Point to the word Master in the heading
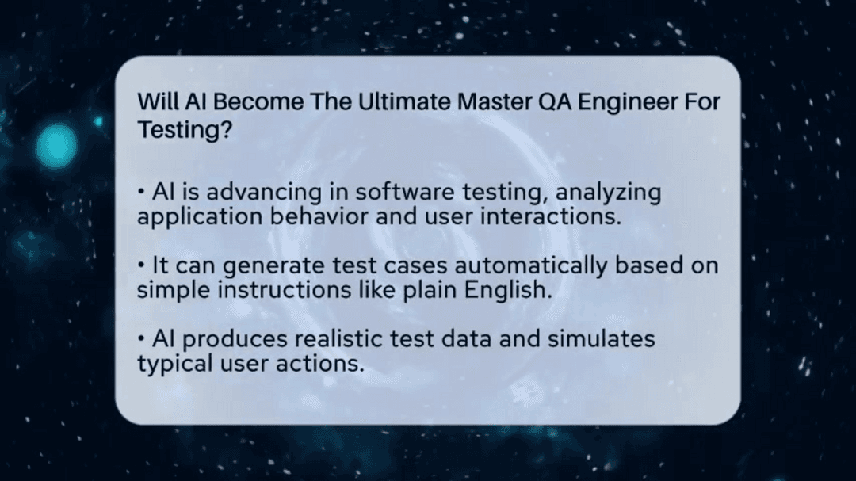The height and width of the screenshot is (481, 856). [485, 102]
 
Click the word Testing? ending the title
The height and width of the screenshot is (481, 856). [185, 129]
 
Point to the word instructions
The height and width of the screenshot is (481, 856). [279, 289]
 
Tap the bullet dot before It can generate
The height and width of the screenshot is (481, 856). [141, 265]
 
